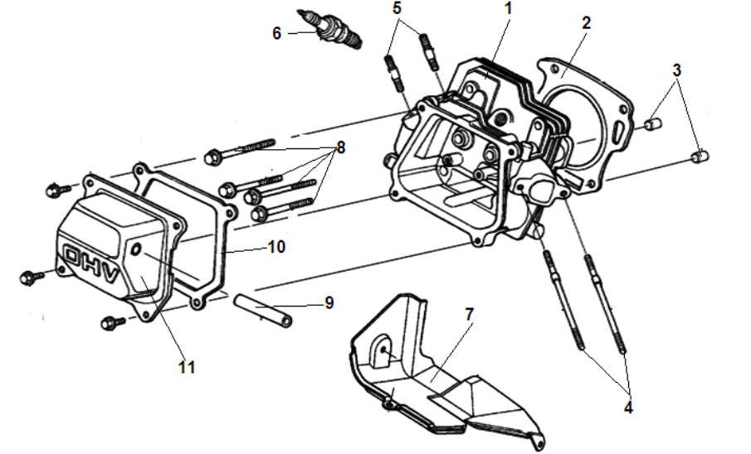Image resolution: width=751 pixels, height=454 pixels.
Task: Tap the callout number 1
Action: point(508,9)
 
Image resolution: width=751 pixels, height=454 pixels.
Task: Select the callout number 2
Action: point(586,23)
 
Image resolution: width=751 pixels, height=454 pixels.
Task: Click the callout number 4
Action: point(628,408)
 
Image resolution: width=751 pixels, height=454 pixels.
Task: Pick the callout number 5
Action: point(397,7)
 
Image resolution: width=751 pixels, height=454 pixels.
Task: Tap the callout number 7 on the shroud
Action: point(469,315)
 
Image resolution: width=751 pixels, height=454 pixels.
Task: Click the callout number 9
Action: point(329,303)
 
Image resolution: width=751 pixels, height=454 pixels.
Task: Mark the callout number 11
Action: point(187,365)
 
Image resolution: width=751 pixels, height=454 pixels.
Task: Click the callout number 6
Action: point(277,33)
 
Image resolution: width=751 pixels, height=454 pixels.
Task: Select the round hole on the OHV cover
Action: point(139,251)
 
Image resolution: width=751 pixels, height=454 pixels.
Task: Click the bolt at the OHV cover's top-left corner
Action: point(56,191)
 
